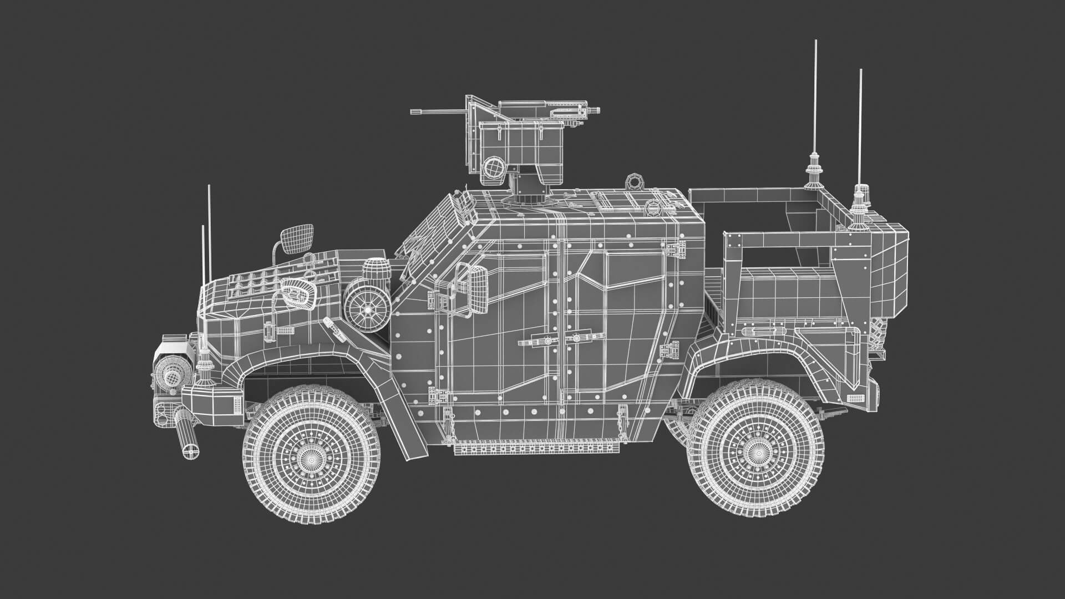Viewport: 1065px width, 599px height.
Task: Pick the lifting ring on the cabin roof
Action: (x=632, y=181)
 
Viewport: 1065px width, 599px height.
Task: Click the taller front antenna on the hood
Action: (x=209, y=233)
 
